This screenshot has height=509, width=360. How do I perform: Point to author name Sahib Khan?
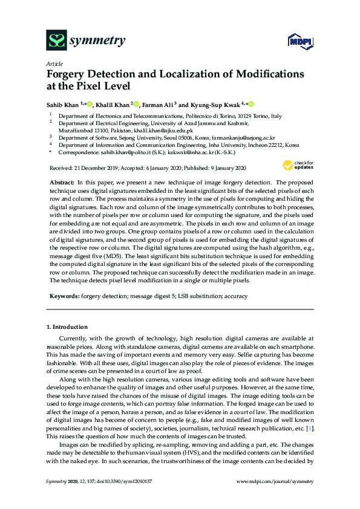pyautogui.click(x=63, y=104)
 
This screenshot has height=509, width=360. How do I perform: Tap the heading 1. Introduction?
pyautogui.click(x=67, y=327)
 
